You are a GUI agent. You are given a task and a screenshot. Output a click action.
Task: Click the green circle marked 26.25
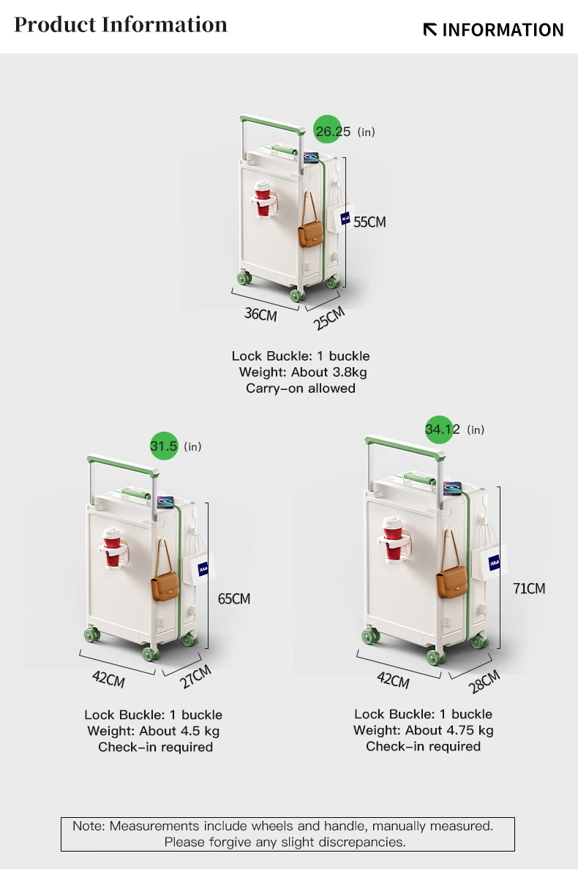(x=327, y=130)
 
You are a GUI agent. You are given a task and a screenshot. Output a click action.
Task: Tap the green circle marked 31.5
(x=164, y=446)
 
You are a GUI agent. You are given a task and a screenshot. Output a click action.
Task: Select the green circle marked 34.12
(x=439, y=429)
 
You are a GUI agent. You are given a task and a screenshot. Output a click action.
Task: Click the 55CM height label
(x=369, y=222)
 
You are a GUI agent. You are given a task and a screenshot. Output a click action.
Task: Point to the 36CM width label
(x=260, y=315)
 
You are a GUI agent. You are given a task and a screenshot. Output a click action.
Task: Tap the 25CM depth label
(x=329, y=317)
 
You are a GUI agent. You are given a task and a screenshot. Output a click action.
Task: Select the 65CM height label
(x=234, y=598)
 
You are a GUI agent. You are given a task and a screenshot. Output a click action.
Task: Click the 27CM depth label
(x=195, y=677)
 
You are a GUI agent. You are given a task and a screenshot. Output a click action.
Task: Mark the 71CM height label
(x=528, y=588)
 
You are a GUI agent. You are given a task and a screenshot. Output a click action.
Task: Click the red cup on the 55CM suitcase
(x=262, y=200)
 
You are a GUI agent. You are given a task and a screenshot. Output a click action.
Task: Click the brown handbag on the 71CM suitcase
(x=451, y=582)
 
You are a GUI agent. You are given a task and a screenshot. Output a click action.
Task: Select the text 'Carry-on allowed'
(x=301, y=388)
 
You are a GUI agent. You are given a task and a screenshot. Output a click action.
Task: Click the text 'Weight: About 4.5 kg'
(x=153, y=731)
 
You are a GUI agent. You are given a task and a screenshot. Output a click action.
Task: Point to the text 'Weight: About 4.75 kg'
(x=423, y=730)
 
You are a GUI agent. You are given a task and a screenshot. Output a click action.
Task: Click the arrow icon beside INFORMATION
(x=430, y=30)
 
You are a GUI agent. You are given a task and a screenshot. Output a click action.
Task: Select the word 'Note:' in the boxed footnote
(x=89, y=826)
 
